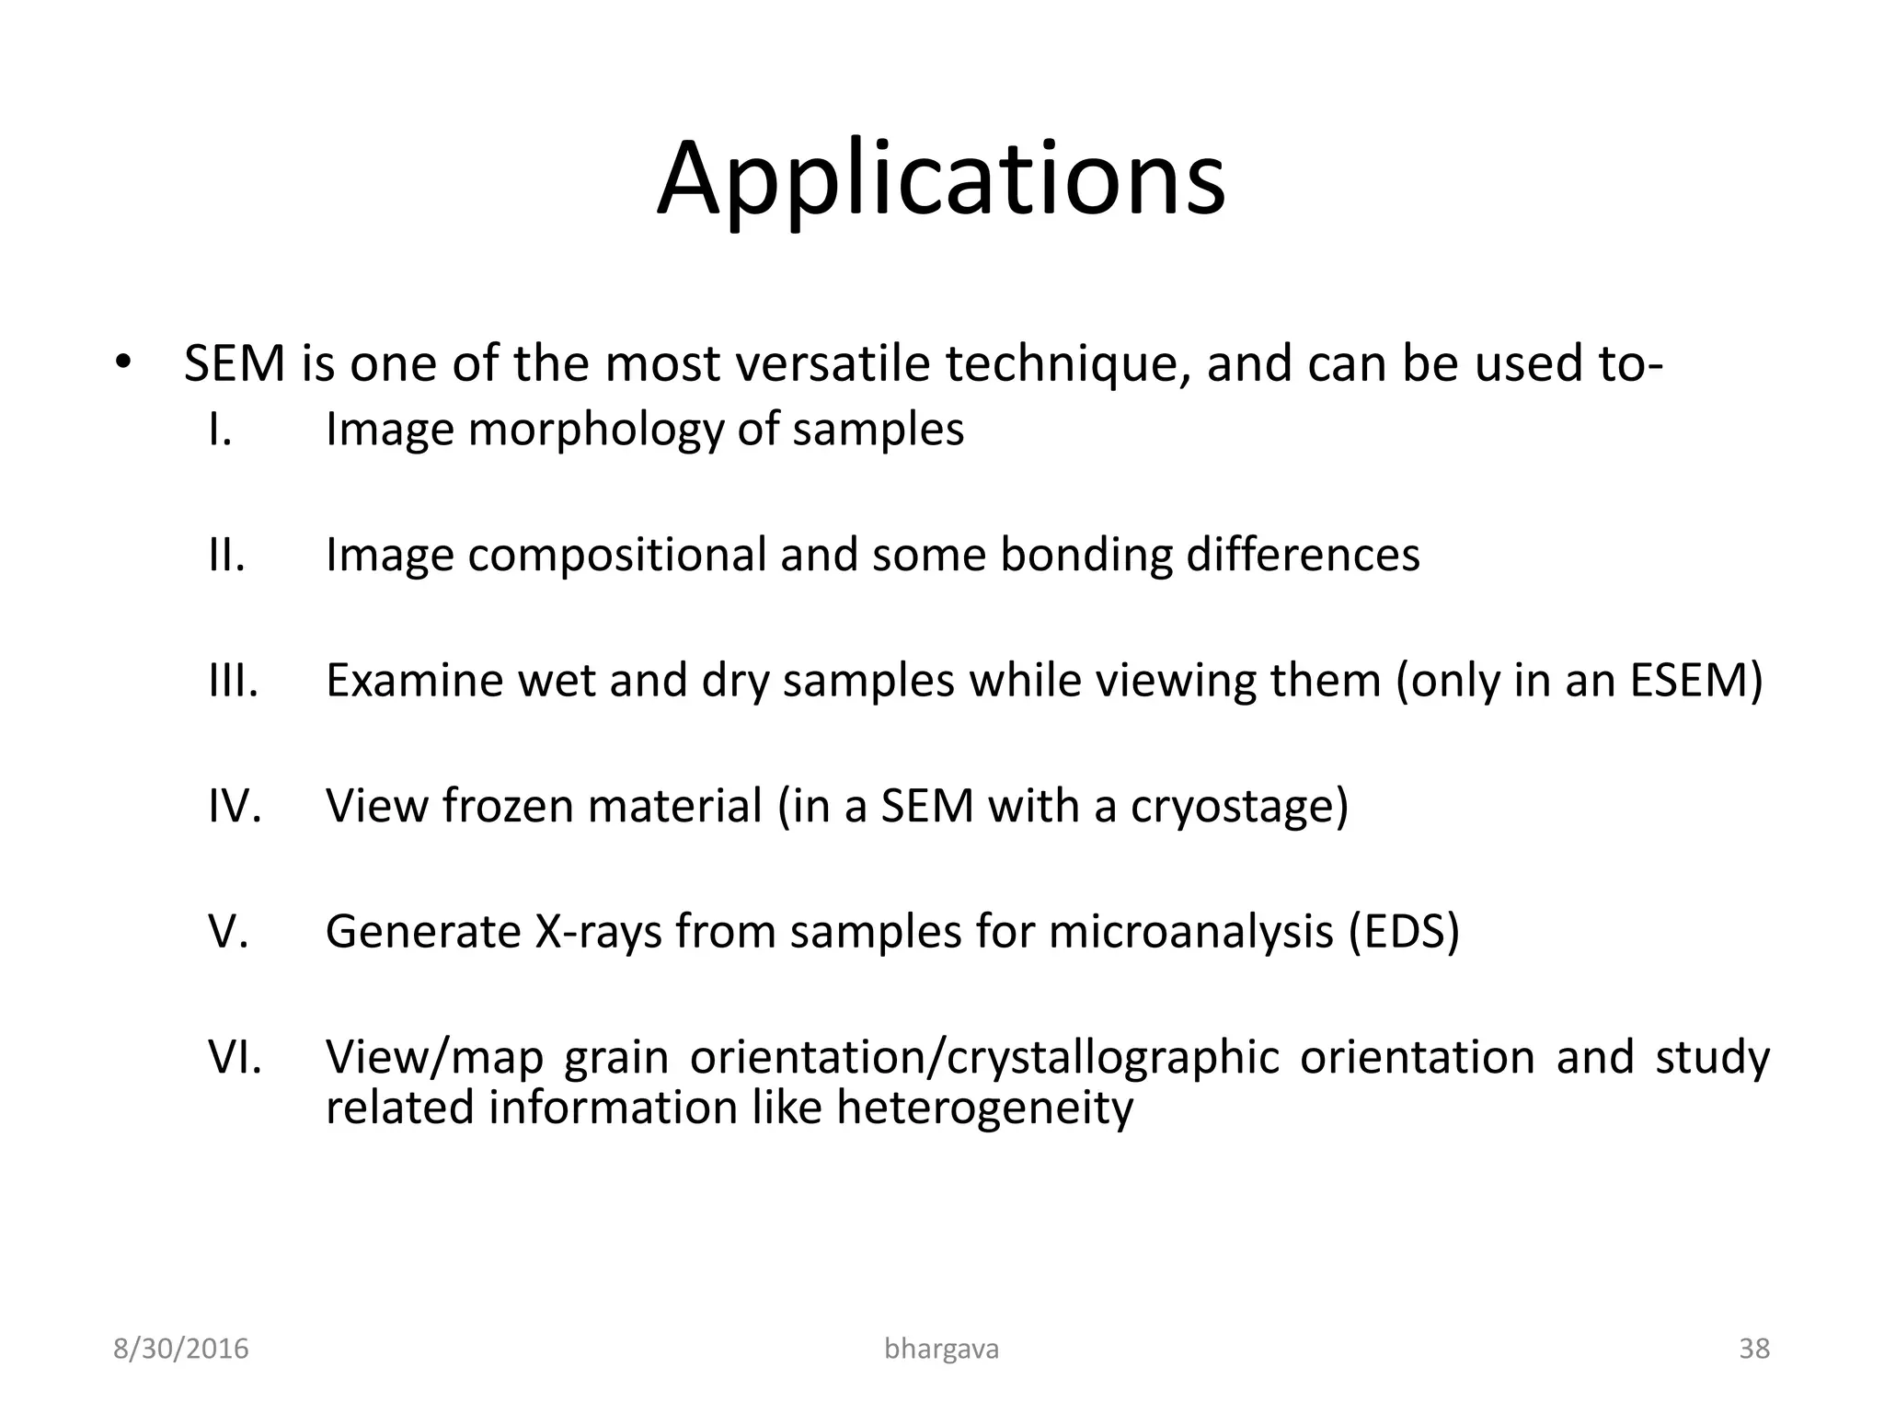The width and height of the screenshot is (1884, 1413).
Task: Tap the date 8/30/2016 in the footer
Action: pyautogui.click(x=180, y=1349)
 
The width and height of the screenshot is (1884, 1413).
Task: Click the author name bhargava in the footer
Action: pyautogui.click(x=941, y=1349)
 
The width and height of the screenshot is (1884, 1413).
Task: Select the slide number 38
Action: pyautogui.click(x=1753, y=1349)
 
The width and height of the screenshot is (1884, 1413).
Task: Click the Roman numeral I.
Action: pyautogui.click(x=220, y=430)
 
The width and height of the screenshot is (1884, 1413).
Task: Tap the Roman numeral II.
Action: pyautogui.click(x=226, y=555)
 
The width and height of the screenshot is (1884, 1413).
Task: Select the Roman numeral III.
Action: pyautogui.click(x=233, y=681)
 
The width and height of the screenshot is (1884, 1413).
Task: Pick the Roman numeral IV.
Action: pyautogui.click(x=235, y=806)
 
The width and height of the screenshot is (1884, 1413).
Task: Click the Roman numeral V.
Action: pyautogui.click(x=228, y=931)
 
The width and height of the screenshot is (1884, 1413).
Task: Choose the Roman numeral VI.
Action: pyautogui.click(x=235, y=1057)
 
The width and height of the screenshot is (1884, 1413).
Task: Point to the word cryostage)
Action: pyautogui.click(x=1238, y=807)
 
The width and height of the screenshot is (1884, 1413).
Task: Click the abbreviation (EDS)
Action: pyautogui.click(x=1404, y=932)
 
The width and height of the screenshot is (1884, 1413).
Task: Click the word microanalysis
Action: pyautogui.click(x=1190, y=932)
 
